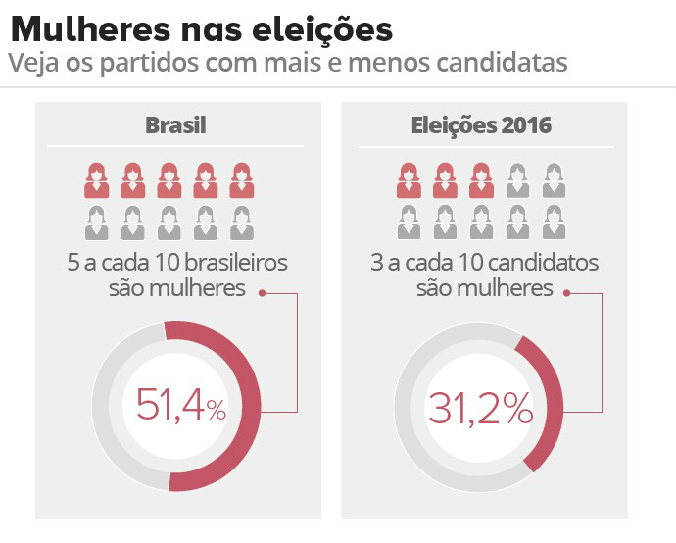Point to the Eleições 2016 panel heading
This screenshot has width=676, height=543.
(480, 125)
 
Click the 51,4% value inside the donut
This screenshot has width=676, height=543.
(181, 406)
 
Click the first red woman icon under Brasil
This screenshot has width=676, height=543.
(96, 179)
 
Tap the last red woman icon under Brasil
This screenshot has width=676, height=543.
(241, 179)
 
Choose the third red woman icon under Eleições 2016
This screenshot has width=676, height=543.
(480, 179)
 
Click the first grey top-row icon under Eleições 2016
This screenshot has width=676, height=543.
(517, 179)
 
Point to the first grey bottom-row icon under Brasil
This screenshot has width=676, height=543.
(96, 223)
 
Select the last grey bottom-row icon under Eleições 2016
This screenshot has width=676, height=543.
(554, 223)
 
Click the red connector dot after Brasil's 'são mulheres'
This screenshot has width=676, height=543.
(263, 291)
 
